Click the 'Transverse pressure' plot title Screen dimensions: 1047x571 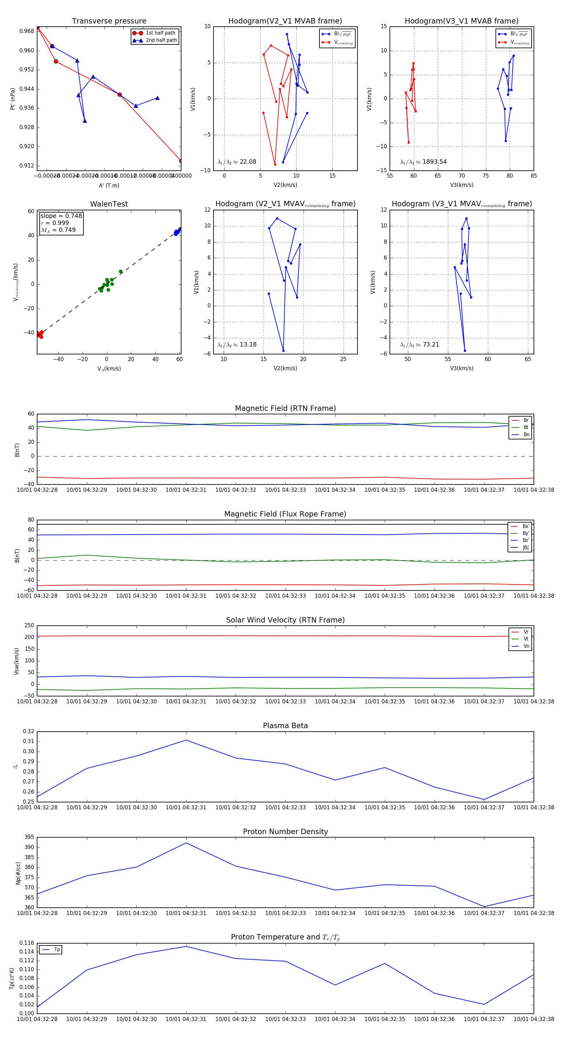[109, 21]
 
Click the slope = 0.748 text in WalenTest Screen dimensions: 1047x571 [61, 216]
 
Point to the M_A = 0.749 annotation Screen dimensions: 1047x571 [58, 230]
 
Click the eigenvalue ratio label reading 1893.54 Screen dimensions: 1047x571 [423, 162]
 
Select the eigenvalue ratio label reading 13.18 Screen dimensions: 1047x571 [237, 345]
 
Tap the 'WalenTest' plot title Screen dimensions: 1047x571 [109, 204]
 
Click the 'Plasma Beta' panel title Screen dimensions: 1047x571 [285, 726]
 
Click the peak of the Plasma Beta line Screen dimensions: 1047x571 [186, 740]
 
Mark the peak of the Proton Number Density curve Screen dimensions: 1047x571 [186, 843]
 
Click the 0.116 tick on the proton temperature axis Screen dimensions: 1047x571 [27, 943]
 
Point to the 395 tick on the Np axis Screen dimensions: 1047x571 [29, 837]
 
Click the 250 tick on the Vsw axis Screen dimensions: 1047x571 [29, 626]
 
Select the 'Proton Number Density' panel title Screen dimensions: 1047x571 [285, 831]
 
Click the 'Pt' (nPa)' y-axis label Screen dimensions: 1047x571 [13, 99]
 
